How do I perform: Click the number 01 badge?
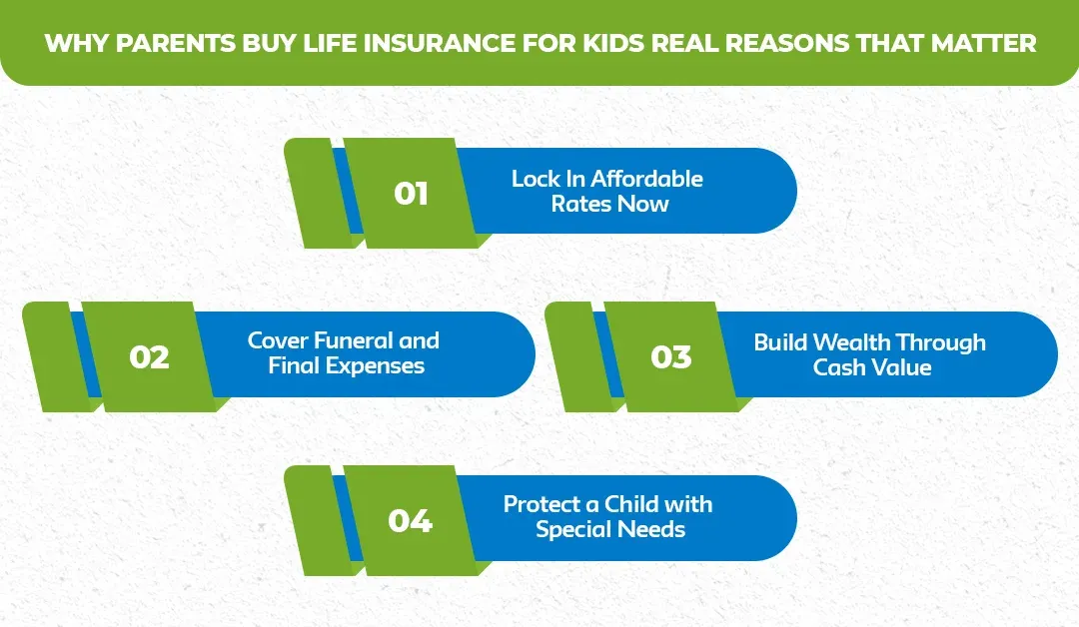pyautogui.click(x=411, y=193)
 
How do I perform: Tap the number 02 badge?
pyautogui.click(x=149, y=356)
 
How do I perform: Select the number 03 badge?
pyautogui.click(x=670, y=356)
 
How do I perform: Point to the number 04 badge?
pyautogui.click(x=411, y=520)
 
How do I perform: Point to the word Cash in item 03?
pyautogui.click(x=838, y=367)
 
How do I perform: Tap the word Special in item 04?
pyautogui.click(x=573, y=529)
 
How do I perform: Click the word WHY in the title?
pyautogui.click(x=67, y=44)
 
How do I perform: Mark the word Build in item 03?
pyautogui.click(x=779, y=342)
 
